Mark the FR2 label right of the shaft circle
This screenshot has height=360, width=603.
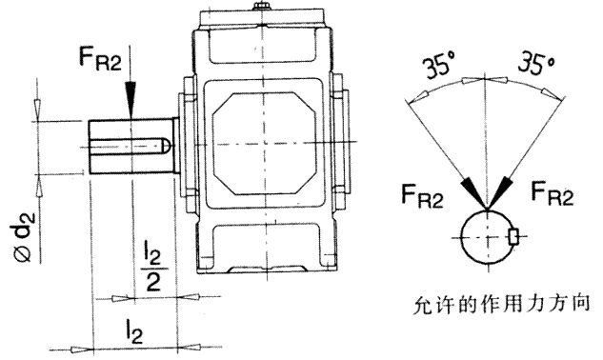tap(553, 196)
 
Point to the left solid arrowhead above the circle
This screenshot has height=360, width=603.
tap(473, 192)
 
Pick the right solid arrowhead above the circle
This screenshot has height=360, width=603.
tap(501, 192)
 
